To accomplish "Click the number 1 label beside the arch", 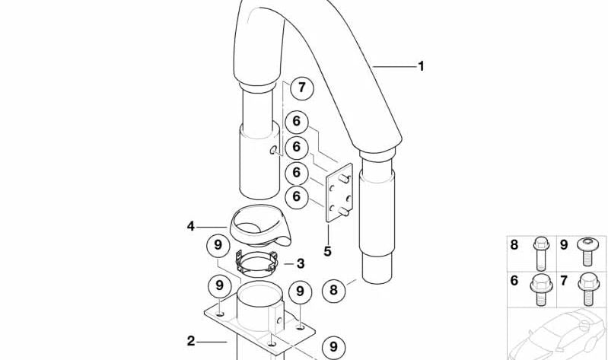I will pyautogui.click(x=421, y=67).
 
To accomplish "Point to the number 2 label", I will pyautogui.click(x=191, y=340).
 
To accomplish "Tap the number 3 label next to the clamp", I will pyautogui.click(x=301, y=263).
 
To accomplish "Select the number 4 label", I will pyautogui.click(x=191, y=226).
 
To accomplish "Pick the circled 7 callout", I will pyautogui.click(x=301, y=88).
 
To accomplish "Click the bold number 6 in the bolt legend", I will pyautogui.click(x=514, y=281).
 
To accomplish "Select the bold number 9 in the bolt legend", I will pyautogui.click(x=565, y=244).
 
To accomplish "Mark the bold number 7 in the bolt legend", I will pyautogui.click(x=565, y=281).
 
